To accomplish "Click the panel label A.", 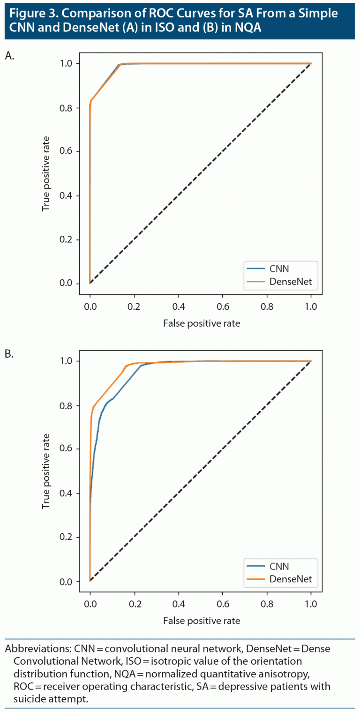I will point(9,56).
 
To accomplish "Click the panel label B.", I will point(9,354).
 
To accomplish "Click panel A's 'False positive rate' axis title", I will point(201,323).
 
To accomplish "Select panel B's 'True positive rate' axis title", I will point(46,471).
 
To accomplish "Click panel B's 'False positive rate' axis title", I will point(201,621).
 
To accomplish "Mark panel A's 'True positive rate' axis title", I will point(46,173).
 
